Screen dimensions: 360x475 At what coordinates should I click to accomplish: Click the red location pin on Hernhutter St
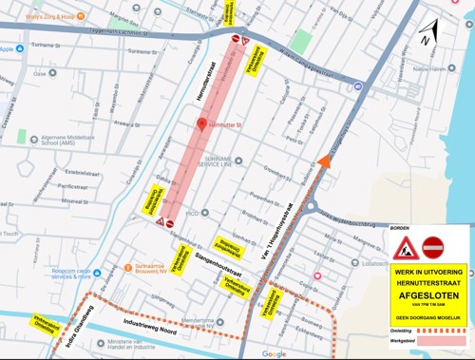pyautogui.click(x=200, y=124)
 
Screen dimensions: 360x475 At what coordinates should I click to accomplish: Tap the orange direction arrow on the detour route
pyautogui.click(x=325, y=161)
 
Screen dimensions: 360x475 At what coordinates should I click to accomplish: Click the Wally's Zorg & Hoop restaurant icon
pyautogui.click(x=82, y=16)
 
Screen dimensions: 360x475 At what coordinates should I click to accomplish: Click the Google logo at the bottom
pyautogui.click(x=274, y=353)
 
